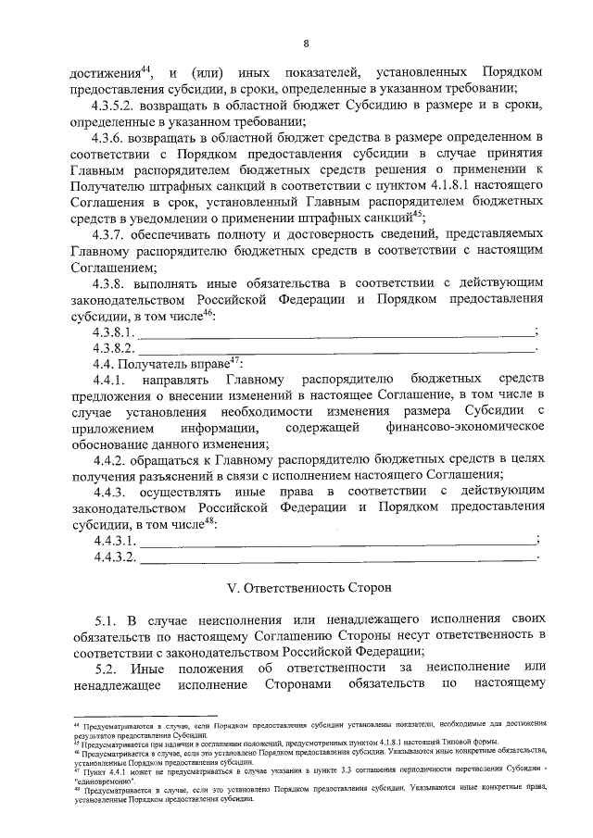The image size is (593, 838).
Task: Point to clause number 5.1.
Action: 107,617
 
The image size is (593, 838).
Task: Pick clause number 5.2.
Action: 107,667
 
